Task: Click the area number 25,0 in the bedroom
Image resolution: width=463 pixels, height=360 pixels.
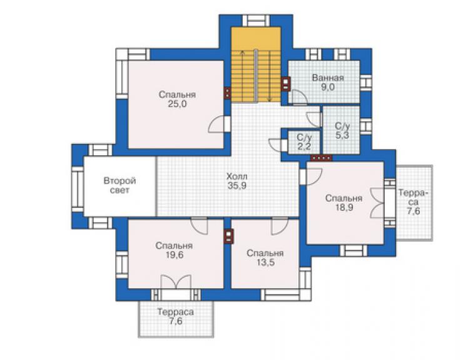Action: tap(177, 104)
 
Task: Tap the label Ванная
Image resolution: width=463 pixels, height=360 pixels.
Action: tap(328, 78)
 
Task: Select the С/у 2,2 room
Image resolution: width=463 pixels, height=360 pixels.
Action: tap(304, 142)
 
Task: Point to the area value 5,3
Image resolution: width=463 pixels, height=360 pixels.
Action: tap(342, 135)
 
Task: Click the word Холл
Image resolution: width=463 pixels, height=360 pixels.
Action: tap(237, 177)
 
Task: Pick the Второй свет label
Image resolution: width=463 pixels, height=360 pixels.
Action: tap(120, 185)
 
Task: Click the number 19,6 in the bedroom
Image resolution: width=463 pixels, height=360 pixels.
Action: tap(174, 255)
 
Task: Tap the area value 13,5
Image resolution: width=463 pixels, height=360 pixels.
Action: tap(265, 262)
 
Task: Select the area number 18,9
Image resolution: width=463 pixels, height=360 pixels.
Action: tap(343, 207)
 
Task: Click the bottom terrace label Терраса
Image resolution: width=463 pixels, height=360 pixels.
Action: tap(175, 312)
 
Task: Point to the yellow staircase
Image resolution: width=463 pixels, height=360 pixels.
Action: tap(256, 65)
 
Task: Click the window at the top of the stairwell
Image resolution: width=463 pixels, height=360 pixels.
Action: tap(256, 21)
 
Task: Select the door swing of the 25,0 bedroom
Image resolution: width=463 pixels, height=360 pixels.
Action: tap(216, 125)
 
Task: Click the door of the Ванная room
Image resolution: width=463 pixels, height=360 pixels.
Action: tap(298, 98)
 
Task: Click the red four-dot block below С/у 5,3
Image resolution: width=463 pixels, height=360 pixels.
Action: tap(321, 158)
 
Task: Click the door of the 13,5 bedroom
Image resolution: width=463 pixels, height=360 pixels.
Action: tap(280, 226)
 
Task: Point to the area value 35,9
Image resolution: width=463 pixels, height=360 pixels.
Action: tap(237, 186)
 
